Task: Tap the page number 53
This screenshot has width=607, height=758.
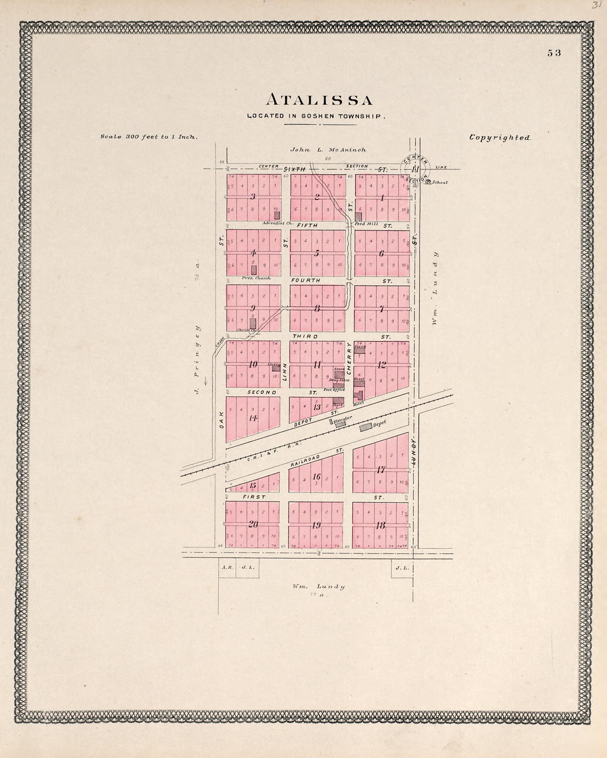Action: coord(554,53)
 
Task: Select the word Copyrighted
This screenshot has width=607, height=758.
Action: coord(500,138)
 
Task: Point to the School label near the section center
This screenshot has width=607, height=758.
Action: coord(440,183)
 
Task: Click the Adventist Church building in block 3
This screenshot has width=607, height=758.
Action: coord(277,215)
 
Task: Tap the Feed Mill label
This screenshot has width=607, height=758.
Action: coord(366,224)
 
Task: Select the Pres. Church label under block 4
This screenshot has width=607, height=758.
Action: coord(256,278)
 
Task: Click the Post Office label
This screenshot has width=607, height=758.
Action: coord(334,389)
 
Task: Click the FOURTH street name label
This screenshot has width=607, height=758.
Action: coord(306,280)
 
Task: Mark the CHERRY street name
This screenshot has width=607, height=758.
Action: coord(349,358)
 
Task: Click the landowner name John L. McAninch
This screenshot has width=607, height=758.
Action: coord(328,150)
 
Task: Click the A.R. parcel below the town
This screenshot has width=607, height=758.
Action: coord(226,568)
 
